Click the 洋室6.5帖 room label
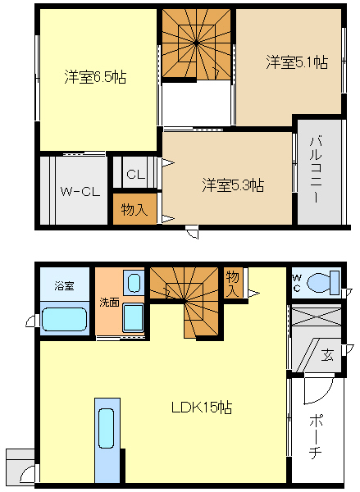tap(95, 76)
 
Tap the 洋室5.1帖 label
tap(297, 61)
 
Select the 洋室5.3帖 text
tap(233, 184)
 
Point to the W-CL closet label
tap(80, 191)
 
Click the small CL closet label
tap(136, 174)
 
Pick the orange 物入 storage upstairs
tap(134, 208)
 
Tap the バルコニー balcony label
tap(316, 170)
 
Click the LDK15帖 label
tap(202, 408)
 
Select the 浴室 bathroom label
tap(64, 286)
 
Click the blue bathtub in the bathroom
tap(64, 319)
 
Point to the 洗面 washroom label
tap(109, 302)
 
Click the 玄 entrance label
tap(327, 356)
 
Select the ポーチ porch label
tap(315, 436)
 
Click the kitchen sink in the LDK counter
tap(106, 428)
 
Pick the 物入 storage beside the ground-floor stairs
tap(233, 284)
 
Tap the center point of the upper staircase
tap(196, 43)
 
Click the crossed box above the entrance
tap(317, 317)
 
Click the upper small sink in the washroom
tap(134, 283)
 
